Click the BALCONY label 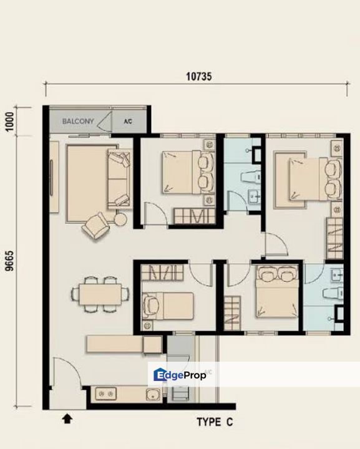coord(78,121)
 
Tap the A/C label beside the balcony coord(128,122)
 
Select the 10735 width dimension coord(199,77)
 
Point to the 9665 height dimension coord(10,261)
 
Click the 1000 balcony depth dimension coord(10,122)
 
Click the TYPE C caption coord(215,422)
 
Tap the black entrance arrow coord(67,418)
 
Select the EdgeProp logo coord(180,375)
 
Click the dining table coord(100,294)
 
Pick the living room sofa coord(119,178)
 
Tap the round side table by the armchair coord(120,220)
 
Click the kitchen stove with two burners coord(105,393)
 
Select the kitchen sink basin coord(153,395)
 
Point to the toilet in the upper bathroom coord(251,176)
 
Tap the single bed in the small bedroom coord(168,306)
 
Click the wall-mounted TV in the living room coord(51,178)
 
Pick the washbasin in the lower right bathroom coord(336,275)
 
